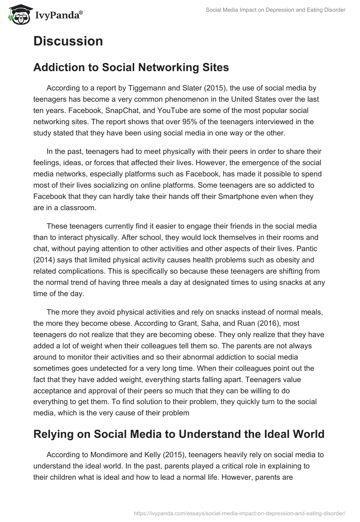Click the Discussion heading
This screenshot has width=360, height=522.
tap(68, 41)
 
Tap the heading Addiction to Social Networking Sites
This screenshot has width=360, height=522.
tap(131, 67)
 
